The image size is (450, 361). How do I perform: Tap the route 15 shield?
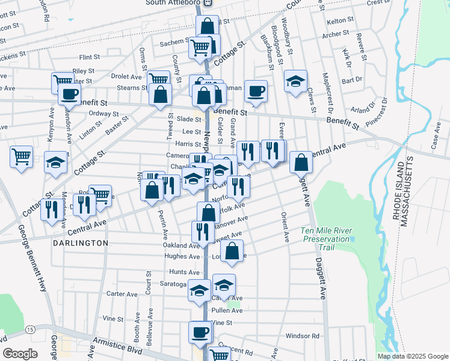click(x=30, y=330)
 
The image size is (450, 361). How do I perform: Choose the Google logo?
click(x=20, y=353)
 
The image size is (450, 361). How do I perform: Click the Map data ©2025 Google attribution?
click(x=412, y=356)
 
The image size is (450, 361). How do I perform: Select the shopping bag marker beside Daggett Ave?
click(x=301, y=162)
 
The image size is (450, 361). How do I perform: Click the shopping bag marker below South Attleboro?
click(x=207, y=26)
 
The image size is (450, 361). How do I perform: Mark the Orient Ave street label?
click(x=286, y=227)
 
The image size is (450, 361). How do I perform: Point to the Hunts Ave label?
click(x=184, y=272)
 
